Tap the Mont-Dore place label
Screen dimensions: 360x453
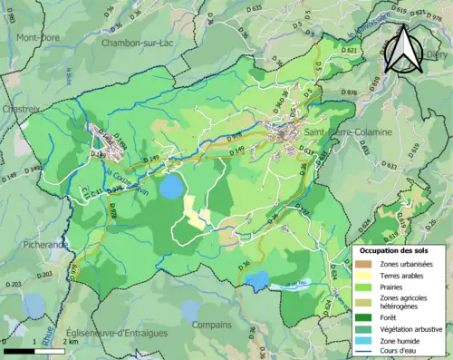tap(37, 37)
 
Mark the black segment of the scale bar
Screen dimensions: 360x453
tap(18, 350)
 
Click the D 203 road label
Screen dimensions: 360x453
tap(13, 285)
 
